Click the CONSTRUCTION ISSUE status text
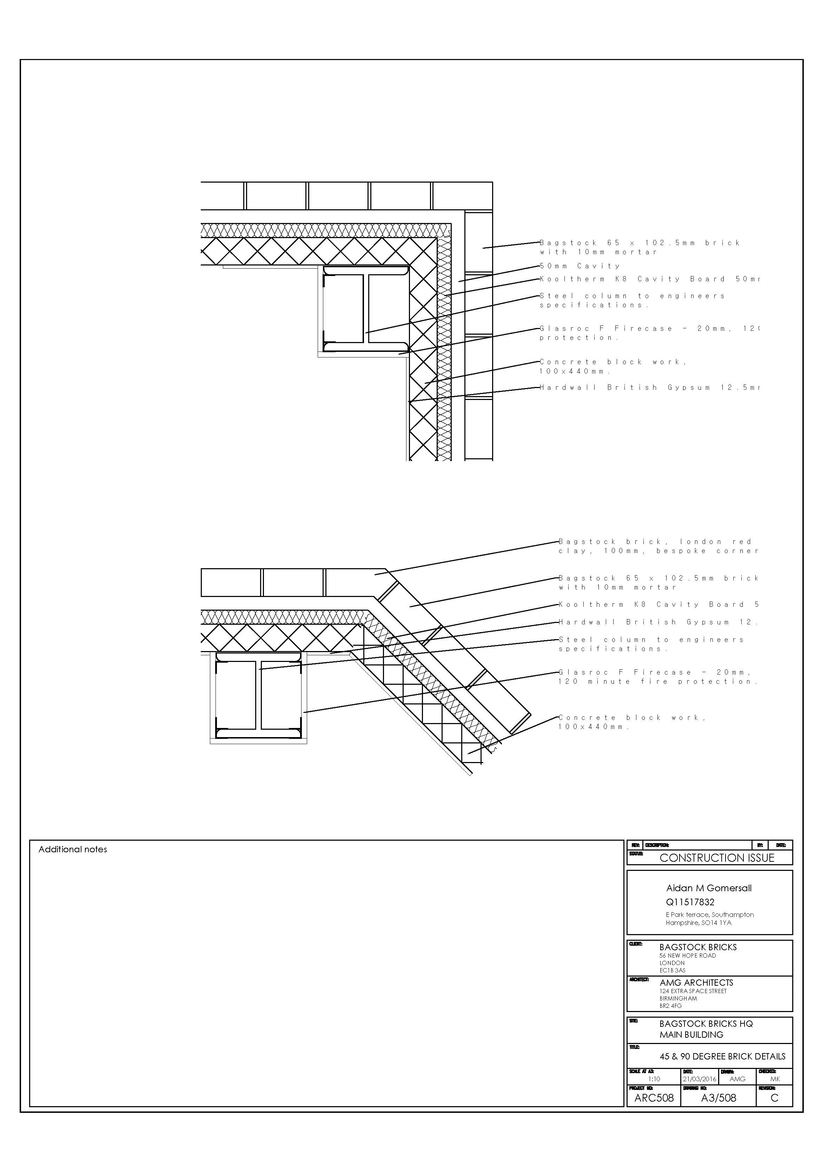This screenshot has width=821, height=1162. (716, 858)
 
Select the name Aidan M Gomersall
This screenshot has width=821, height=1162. (708, 888)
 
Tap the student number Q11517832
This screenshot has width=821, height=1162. (690, 902)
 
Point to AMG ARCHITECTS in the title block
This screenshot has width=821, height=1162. (696, 982)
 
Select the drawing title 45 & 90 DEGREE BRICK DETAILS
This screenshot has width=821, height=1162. (722, 1057)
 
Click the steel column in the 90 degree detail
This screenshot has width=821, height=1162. (366, 309)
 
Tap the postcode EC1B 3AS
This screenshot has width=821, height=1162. (672, 970)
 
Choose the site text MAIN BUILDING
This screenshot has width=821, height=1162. (691, 1035)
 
